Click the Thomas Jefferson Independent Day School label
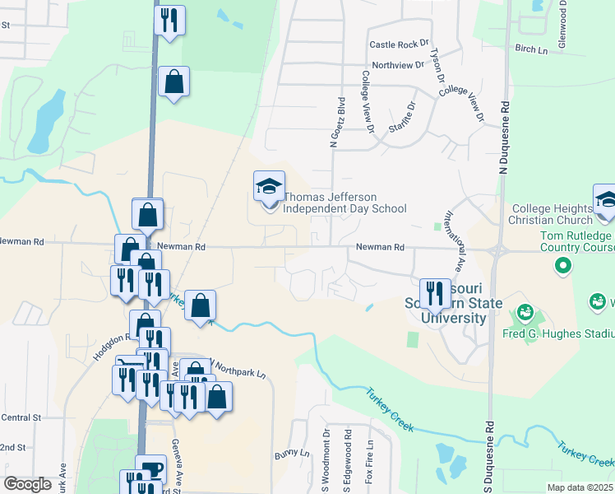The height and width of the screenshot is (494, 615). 344,203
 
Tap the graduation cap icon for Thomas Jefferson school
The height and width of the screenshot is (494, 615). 269,189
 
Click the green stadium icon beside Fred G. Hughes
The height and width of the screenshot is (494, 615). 525,314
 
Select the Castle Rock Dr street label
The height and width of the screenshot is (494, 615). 400,44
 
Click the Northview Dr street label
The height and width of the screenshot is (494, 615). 397,65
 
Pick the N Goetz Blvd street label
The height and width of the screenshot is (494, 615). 335,122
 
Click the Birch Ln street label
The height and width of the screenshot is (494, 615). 531,50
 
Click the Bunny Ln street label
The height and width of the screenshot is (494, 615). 293,454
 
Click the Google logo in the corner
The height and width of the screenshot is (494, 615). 28,483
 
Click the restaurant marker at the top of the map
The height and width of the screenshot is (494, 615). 169,21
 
